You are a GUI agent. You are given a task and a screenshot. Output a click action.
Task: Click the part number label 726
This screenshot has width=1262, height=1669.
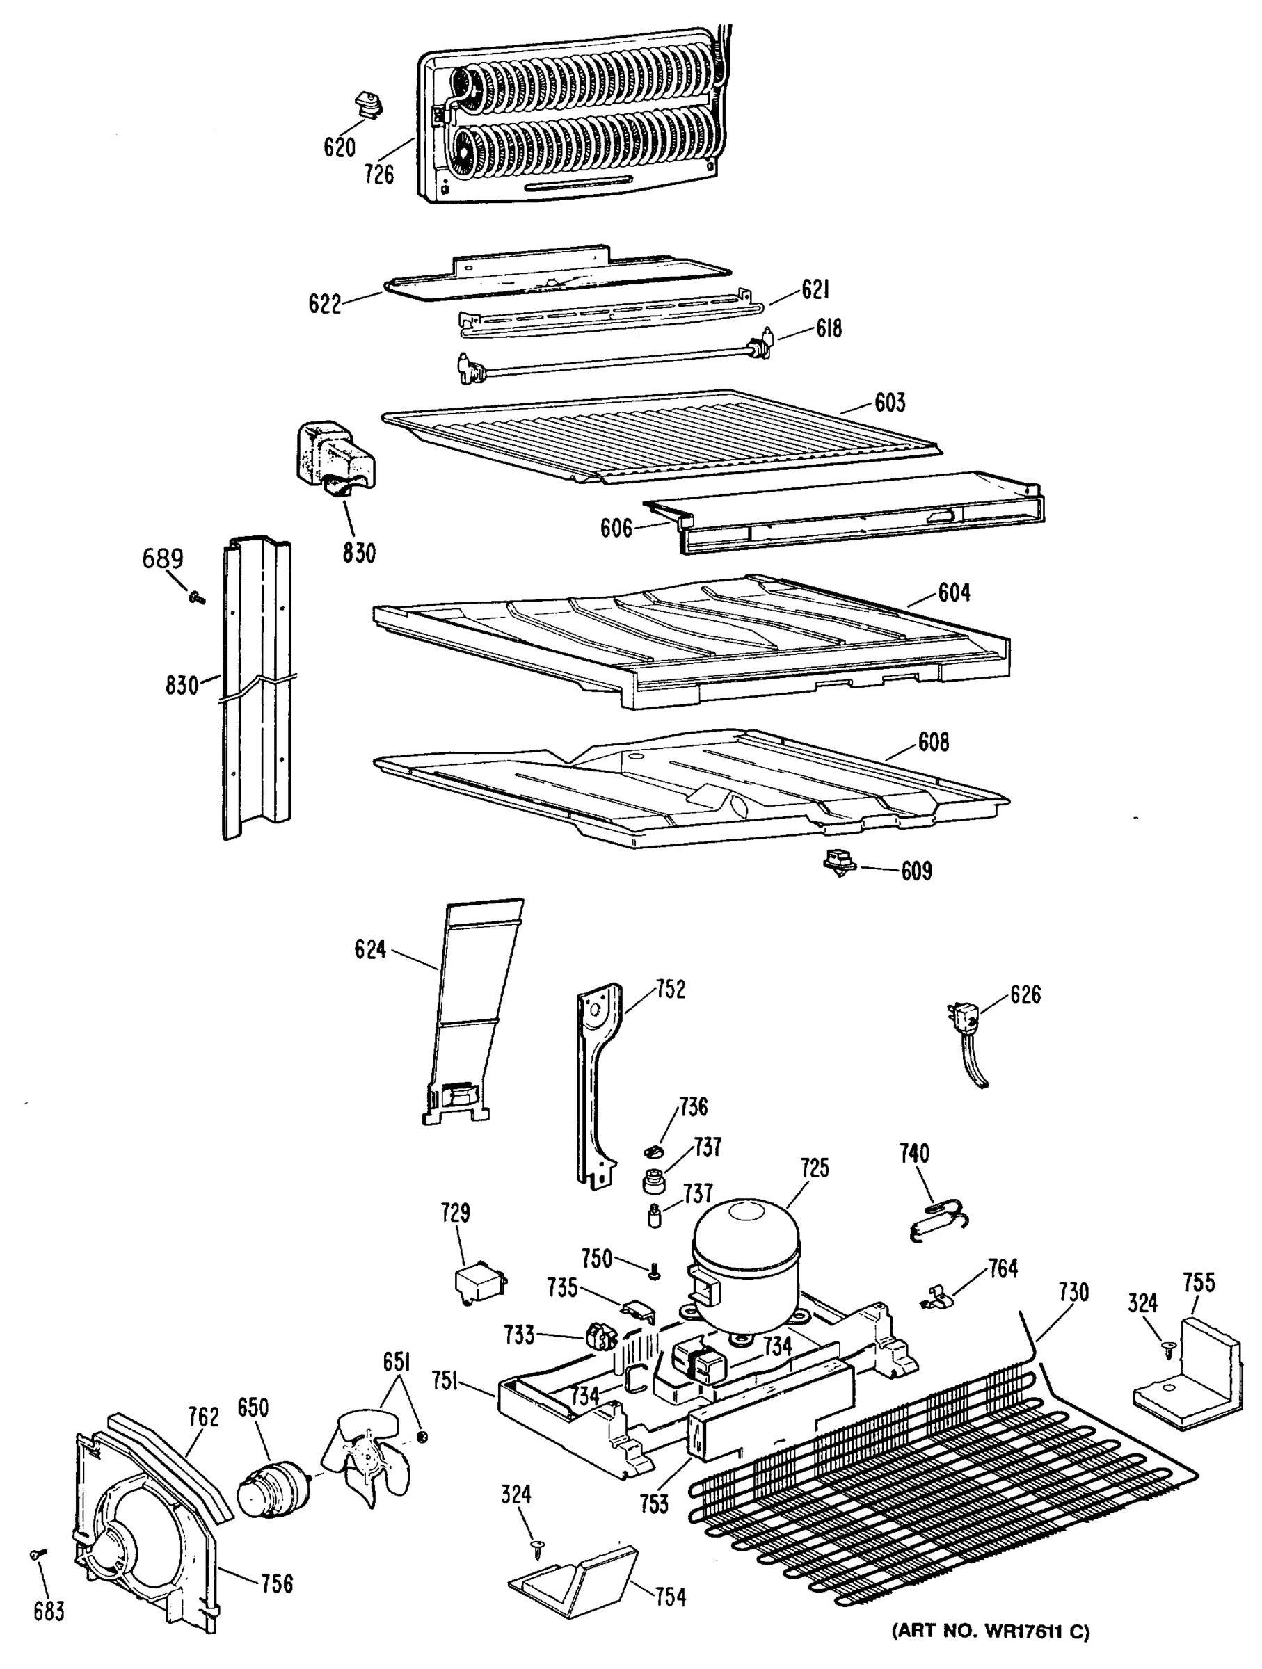[x=378, y=175]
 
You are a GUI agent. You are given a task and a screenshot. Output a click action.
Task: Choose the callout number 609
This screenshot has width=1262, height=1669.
[x=916, y=871]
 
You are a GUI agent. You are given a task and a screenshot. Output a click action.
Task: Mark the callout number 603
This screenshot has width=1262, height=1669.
[x=890, y=402]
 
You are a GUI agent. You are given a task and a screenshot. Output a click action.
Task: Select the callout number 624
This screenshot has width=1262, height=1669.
[x=371, y=949]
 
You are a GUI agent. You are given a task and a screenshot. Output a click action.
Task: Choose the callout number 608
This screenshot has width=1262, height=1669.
[x=934, y=743]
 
